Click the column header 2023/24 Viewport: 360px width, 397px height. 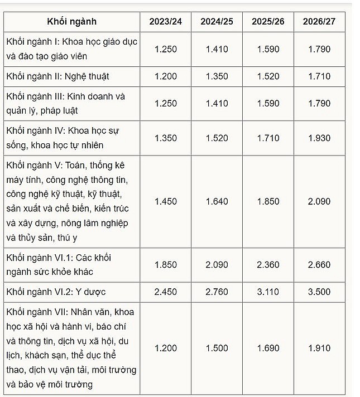pos(165,22)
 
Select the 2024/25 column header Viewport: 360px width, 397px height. pos(217,22)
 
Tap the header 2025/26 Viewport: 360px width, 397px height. pos(268,22)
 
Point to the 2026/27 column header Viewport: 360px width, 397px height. pos(319,22)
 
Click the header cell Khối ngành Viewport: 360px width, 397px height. pos(71,22)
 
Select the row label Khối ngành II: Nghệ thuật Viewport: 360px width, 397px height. pos(58,76)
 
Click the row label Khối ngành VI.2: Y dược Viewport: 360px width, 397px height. pos(56,292)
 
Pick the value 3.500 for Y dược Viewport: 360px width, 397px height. pos(319,292)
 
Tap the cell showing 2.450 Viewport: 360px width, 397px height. pos(165,292)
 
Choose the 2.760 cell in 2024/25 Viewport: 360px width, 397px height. pos(217,292)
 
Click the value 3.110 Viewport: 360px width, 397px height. pos(268,292)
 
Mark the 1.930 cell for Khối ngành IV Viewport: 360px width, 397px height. pos(319,138)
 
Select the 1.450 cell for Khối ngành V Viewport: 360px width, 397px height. pos(165,201)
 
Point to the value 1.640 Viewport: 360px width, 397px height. pos(217,201)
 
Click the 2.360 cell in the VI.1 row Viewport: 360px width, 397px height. pos(268,265)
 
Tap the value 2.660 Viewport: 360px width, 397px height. pos(319,265)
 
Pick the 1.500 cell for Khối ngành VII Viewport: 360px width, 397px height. pos(217,348)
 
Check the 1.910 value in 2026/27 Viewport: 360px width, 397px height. pos(319,348)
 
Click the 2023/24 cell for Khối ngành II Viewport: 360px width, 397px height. pos(165,76)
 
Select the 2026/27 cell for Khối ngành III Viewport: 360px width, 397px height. pos(319,103)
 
